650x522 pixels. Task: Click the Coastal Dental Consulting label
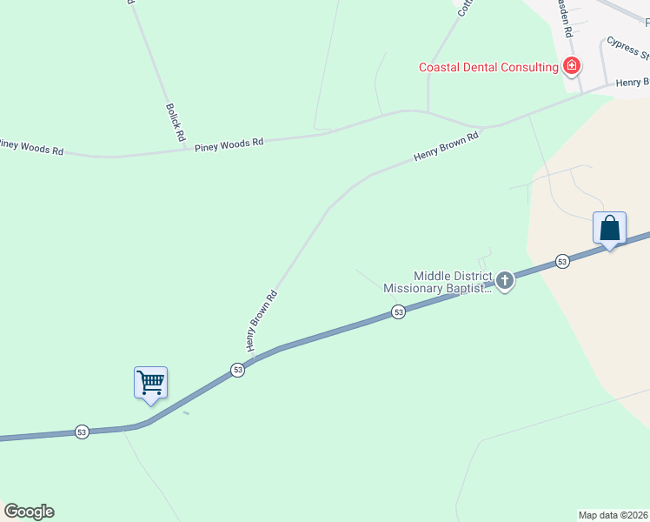pyautogui.click(x=487, y=67)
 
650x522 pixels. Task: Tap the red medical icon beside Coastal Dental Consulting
pyautogui.click(x=572, y=66)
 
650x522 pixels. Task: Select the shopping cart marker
pyautogui.click(x=150, y=383)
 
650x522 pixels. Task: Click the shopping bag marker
pyautogui.click(x=609, y=229)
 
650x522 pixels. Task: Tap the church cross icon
pyautogui.click(x=504, y=280)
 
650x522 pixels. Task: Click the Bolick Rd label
pyautogui.click(x=176, y=123)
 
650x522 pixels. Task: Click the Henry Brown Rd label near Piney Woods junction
pyautogui.click(x=447, y=146)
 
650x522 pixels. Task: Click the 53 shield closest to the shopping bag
pyautogui.click(x=562, y=261)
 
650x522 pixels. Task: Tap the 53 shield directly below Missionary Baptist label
pyautogui.click(x=398, y=311)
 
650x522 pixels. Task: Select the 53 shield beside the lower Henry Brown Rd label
pyautogui.click(x=237, y=370)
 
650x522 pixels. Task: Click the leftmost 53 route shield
pyautogui.click(x=82, y=432)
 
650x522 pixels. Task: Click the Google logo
pyautogui.click(x=29, y=512)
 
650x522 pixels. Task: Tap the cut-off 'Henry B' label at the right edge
pyautogui.click(x=633, y=83)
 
